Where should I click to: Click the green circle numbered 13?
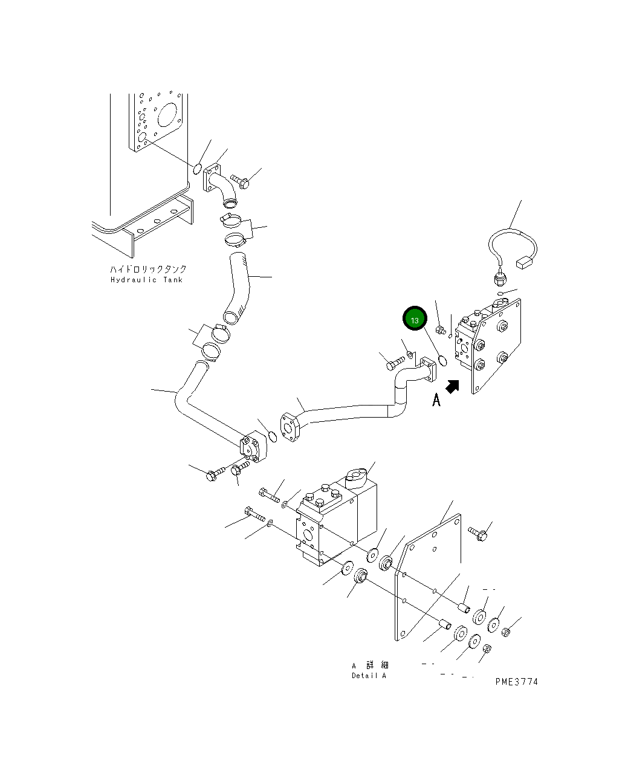click(415, 320)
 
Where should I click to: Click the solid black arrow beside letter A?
click(452, 386)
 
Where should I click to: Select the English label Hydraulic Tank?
click(146, 280)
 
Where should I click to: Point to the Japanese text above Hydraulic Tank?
click(148, 269)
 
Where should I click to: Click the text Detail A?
click(369, 676)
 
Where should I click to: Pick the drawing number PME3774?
click(516, 682)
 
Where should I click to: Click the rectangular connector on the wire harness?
click(523, 263)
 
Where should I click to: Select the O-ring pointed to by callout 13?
click(442, 361)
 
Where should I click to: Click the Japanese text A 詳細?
click(370, 665)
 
